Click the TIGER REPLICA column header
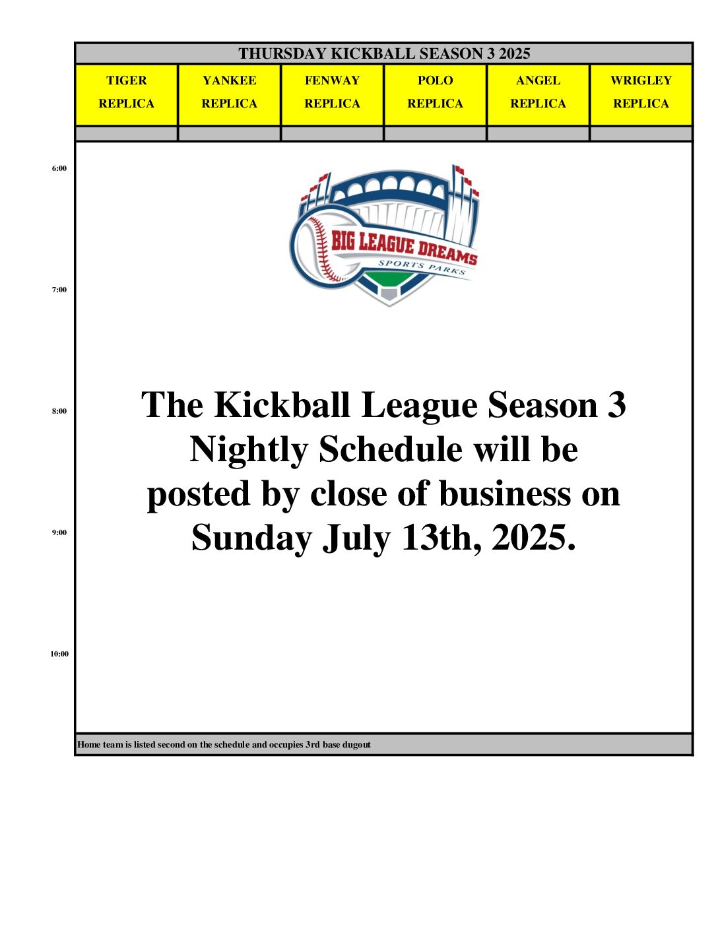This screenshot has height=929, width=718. pos(126,95)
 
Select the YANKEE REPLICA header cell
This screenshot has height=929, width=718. pos(229,95)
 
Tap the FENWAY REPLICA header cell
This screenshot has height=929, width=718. pos(332,95)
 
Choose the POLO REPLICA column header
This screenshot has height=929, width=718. pos(436,95)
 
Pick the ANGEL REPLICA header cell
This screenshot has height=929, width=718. pos(538,95)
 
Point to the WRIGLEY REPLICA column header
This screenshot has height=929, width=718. pos(641,95)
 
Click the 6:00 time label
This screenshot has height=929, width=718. pos(59,168)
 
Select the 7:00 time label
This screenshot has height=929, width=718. pos(59,290)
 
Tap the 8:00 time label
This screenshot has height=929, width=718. pos(59,411)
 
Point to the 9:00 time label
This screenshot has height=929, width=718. pos(59,532)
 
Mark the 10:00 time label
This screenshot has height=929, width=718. pos(59,654)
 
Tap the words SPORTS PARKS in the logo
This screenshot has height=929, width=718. pos(422,267)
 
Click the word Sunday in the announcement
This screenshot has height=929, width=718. pos(252,538)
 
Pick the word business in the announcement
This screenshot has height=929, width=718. pos(505,492)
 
